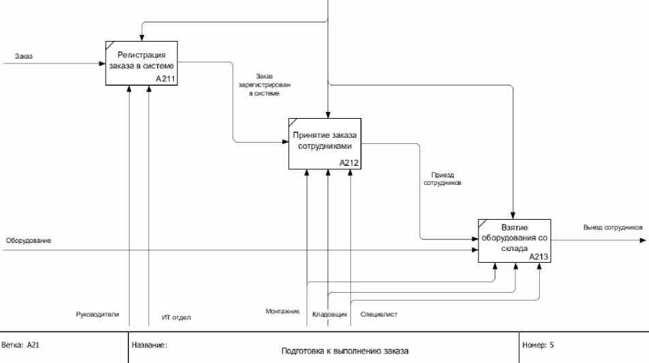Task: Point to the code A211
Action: tap(165, 79)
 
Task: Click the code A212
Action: tap(349, 162)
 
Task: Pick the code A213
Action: tap(539, 257)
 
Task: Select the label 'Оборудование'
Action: tap(29, 241)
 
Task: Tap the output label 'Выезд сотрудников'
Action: tap(613, 227)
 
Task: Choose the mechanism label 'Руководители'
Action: tap(97, 314)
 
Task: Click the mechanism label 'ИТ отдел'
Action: tap(177, 317)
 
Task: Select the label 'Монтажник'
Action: tap(282, 311)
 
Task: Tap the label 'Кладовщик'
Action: tap(330, 315)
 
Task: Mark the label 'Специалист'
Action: tap(379, 315)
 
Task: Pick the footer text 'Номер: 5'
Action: tap(538, 345)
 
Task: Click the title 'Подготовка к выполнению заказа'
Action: tap(345, 351)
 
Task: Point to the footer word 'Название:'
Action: tap(149, 345)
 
